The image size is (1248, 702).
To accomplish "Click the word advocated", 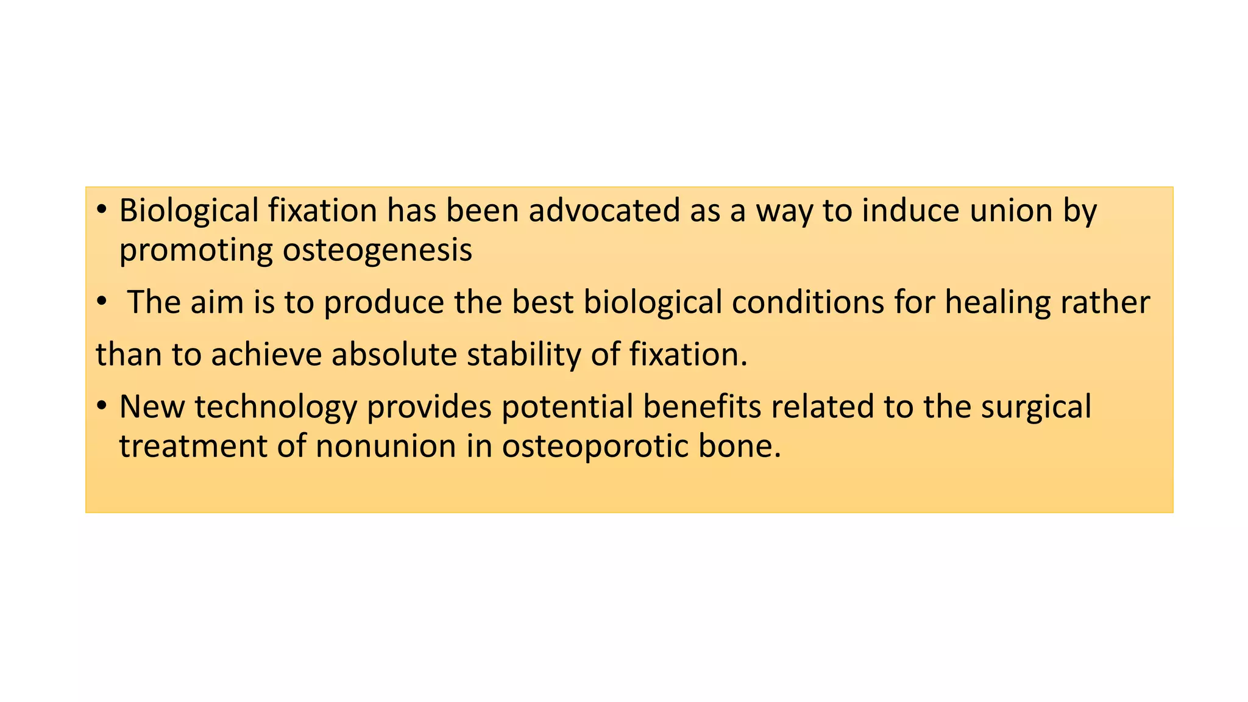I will [x=604, y=211].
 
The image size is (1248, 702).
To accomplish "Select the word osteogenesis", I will [x=377, y=250].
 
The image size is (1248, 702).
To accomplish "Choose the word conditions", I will [x=807, y=303].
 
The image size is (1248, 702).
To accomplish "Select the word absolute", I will [x=394, y=355].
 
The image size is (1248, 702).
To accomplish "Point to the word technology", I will [x=275, y=408].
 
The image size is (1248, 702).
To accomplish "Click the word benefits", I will [x=701, y=406].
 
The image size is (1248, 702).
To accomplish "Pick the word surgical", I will [x=1036, y=408].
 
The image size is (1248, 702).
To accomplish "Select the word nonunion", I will [x=386, y=446].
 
